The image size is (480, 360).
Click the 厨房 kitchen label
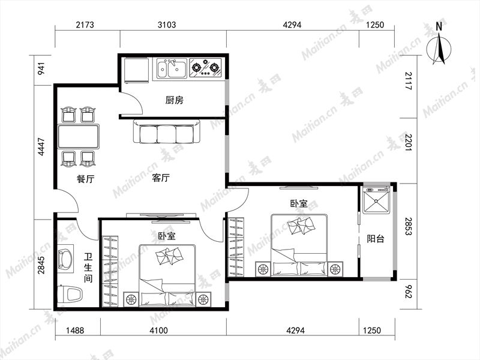pyautogui.click(x=174, y=100)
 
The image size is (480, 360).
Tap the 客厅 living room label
pyautogui.click(x=161, y=178)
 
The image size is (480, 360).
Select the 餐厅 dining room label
pyautogui.click(x=85, y=179)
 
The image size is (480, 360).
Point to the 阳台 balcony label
pyautogui.click(x=376, y=238)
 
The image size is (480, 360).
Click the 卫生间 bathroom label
pyautogui.click(x=88, y=267)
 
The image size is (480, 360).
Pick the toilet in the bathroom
pyautogui.click(x=70, y=294)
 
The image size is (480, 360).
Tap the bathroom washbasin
pyautogui.click(x=65, y=259)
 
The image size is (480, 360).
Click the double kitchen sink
pyautogui.click(x=172, y=69)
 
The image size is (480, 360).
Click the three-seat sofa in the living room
pyautogui.click(x=167, y=132)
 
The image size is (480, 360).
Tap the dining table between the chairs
pyautogui.click(x=79, y=136)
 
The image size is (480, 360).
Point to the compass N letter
pyautogui.click(x=439, y=26)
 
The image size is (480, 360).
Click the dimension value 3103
pyautogui.click(x=167, y=25)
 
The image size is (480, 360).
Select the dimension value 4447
pyautogui.click(x=41, y=147)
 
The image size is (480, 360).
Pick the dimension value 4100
pyautogui.click(x=159, y=331)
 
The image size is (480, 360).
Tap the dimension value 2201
pyautogui.click(x=409, y=142)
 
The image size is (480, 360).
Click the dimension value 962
pyautogui.click(x=409, y=292)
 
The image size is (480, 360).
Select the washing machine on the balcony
pyautogui.click(x=376, y=200)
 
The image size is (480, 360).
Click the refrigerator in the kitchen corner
pyautogui.click(x=137, y=70)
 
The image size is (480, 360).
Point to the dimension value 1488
pyautogui.click(x=75, y=331)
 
